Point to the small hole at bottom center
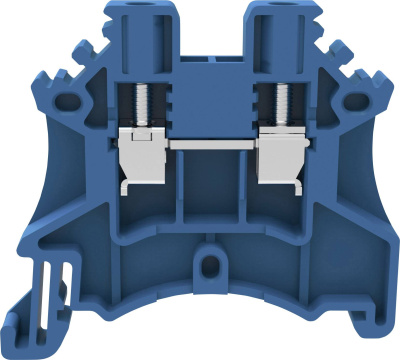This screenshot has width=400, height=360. [209, 264]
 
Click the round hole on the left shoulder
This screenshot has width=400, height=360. [70, 100]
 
